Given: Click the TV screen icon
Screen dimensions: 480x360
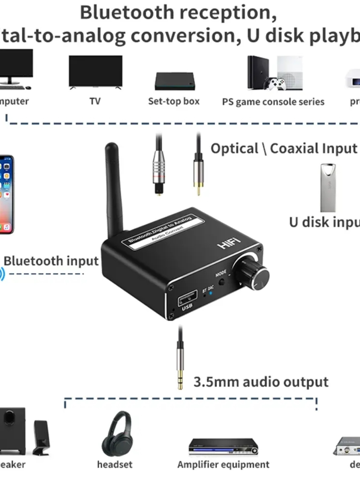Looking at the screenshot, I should click(x=96, y=71).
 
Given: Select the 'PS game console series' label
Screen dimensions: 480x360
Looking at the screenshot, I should click(x=273, y=102).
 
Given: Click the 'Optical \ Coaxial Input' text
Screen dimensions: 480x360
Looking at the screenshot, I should click(x=284, y=149).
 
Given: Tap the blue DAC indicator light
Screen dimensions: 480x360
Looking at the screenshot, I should click(x=211, y=293).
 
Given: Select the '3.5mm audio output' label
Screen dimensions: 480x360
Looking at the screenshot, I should click(x=261, y=382).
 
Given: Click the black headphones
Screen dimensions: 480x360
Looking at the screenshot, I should click(x=116, y=434).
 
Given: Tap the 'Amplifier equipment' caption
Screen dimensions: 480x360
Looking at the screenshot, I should click(x=223, y=465).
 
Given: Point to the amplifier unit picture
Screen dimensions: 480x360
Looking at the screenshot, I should click(x=223, y=446).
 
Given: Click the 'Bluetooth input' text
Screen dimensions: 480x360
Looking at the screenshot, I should click(x=51, y=261).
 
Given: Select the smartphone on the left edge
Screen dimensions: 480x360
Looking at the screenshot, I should click(x=6, y=194).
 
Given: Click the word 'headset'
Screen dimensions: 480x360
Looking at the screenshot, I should click(x=115, y=465).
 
